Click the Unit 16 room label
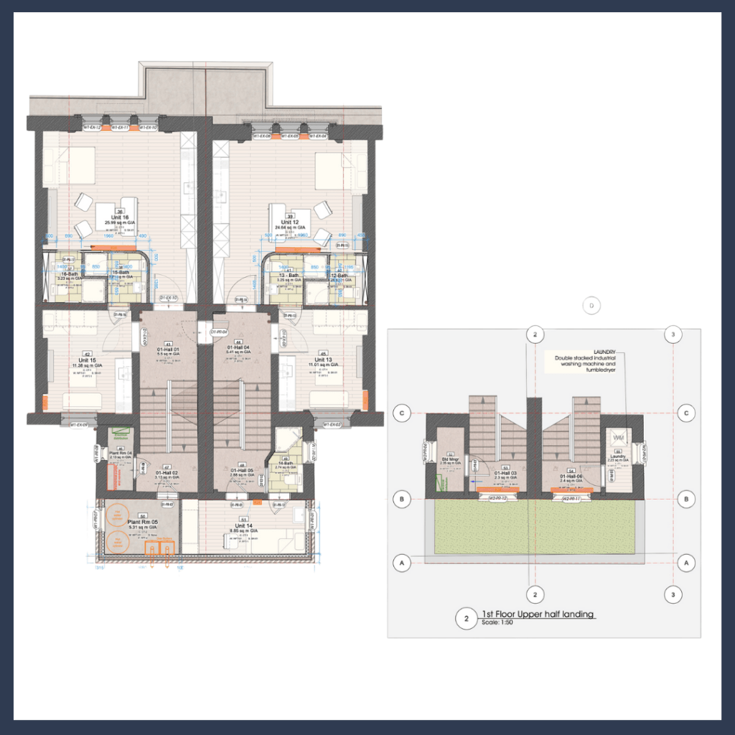(x=120, y=217)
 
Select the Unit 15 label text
(x=89, y=360)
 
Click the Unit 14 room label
(x=245, y=525)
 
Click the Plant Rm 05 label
(x=142, y=522)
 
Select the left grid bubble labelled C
(x=403, y=413)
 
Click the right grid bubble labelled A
(x=687, y=564)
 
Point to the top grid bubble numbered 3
(x=673, y=334)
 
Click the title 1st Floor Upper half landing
(x=538, y=615)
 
